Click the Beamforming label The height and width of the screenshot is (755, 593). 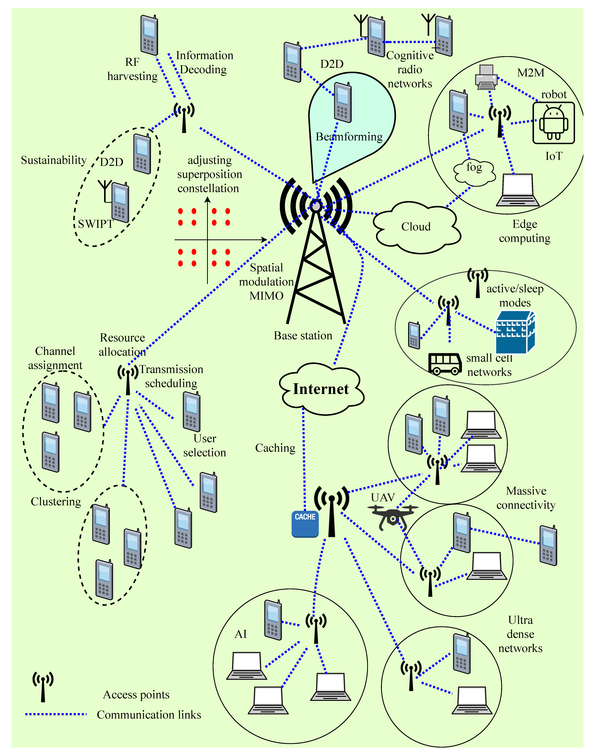[349, 137]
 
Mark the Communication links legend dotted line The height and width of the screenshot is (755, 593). [56, 714]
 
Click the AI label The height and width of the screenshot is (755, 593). [241, 634]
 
